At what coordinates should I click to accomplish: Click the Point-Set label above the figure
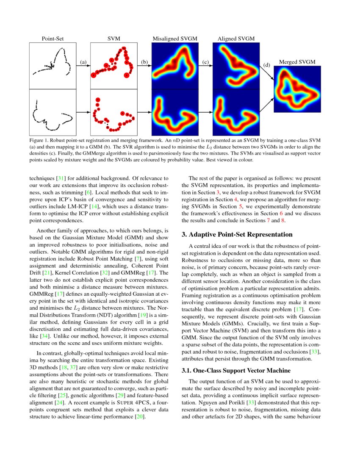[53, 39]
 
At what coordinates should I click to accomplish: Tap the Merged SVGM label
[297, 62]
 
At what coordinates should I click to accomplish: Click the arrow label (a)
[83, 62]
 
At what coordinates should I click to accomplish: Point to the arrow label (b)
[144, 62]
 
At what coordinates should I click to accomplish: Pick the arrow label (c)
[206, 62]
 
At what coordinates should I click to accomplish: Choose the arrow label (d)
[266, 65]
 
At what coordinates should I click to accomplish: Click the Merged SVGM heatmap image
[297, 89]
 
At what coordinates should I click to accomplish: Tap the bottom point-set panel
[53, 112]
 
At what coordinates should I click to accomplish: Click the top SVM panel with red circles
[114, 66]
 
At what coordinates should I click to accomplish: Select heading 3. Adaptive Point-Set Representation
[237, 234]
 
